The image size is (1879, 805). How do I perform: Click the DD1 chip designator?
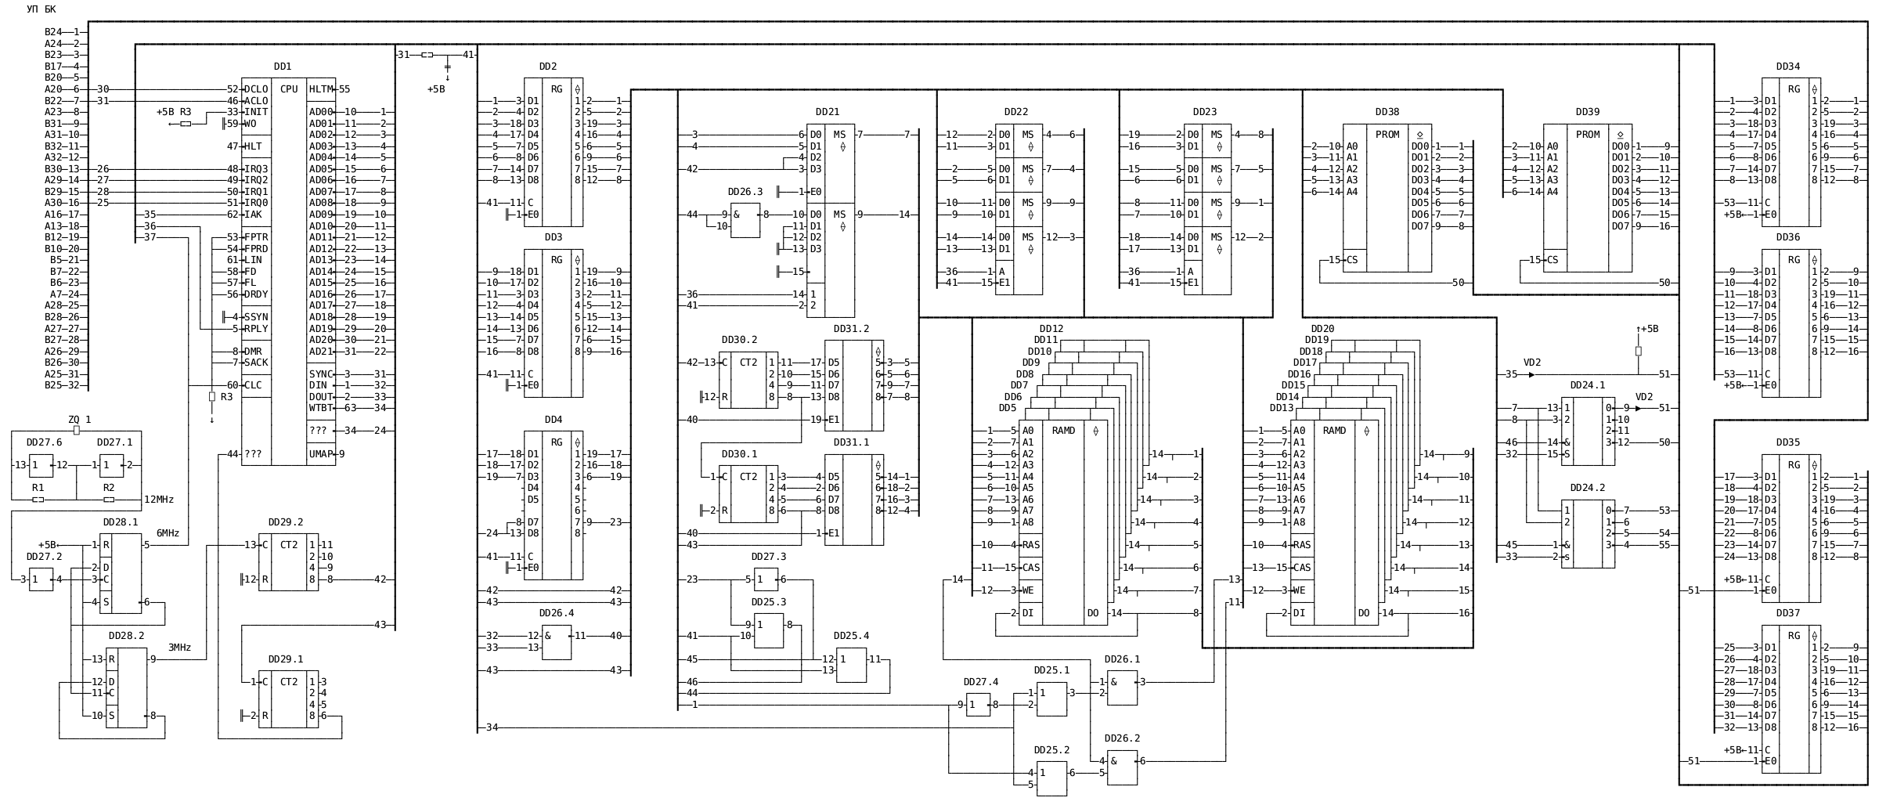(x=283, y=67)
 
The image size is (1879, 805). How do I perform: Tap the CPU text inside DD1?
(x=289, y=89)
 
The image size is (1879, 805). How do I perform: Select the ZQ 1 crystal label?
(x=79, y=420)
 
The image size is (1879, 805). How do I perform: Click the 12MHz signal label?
(x=159, y=500)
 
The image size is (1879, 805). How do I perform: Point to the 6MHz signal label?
(x=168, y=533)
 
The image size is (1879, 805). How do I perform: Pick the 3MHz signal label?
(x=179, y=648)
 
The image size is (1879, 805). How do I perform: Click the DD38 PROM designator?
(x=1387, y=113)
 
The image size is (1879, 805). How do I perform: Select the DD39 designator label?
(x=1587, y=113)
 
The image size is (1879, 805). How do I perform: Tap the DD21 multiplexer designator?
(x=827, y=113)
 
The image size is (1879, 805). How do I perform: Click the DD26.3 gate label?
(x=745, y=192)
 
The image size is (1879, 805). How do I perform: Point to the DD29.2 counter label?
(x=285, y=522)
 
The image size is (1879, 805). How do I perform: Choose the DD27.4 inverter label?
(x=980, y=682)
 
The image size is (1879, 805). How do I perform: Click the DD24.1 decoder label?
(x=1587, y=385)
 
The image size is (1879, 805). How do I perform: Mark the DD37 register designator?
(x=1787, y=613)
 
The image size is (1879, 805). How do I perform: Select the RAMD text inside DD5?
(x=1063, y=431)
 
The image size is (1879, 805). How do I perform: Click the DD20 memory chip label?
(x=1322, y=329)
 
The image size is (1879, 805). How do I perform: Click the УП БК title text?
(x=41, y=9)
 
